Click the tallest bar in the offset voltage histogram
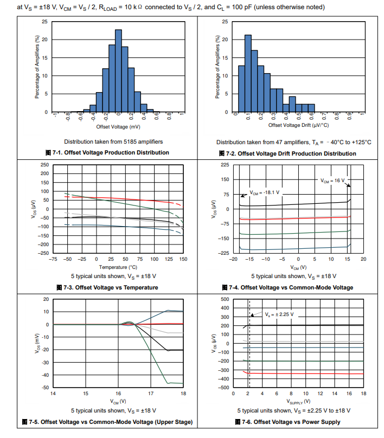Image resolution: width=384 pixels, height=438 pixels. tap(118, 70)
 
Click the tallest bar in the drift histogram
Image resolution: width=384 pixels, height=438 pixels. tap(248, 73)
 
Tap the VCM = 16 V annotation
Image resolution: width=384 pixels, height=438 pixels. tap(332, 180)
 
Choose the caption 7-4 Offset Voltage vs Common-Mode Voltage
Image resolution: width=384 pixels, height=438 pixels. tap(287, 287)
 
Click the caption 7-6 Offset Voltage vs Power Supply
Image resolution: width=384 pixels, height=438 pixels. tap(287, 422)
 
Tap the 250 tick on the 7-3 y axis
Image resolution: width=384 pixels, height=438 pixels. tap(45, 165)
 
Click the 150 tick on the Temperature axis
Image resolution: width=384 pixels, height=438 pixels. tap(183, 260)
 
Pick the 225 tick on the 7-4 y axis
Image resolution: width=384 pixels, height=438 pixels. tap(224, 165)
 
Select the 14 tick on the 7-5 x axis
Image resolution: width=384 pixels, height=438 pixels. tap(53, 394)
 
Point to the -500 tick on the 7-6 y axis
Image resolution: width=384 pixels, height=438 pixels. tap(222, 387)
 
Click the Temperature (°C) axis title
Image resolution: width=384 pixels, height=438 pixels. tap(118, 267)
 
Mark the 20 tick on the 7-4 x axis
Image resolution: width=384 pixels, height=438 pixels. tap(363, 260)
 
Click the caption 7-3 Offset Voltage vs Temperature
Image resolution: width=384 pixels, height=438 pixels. tap(107, 287)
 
